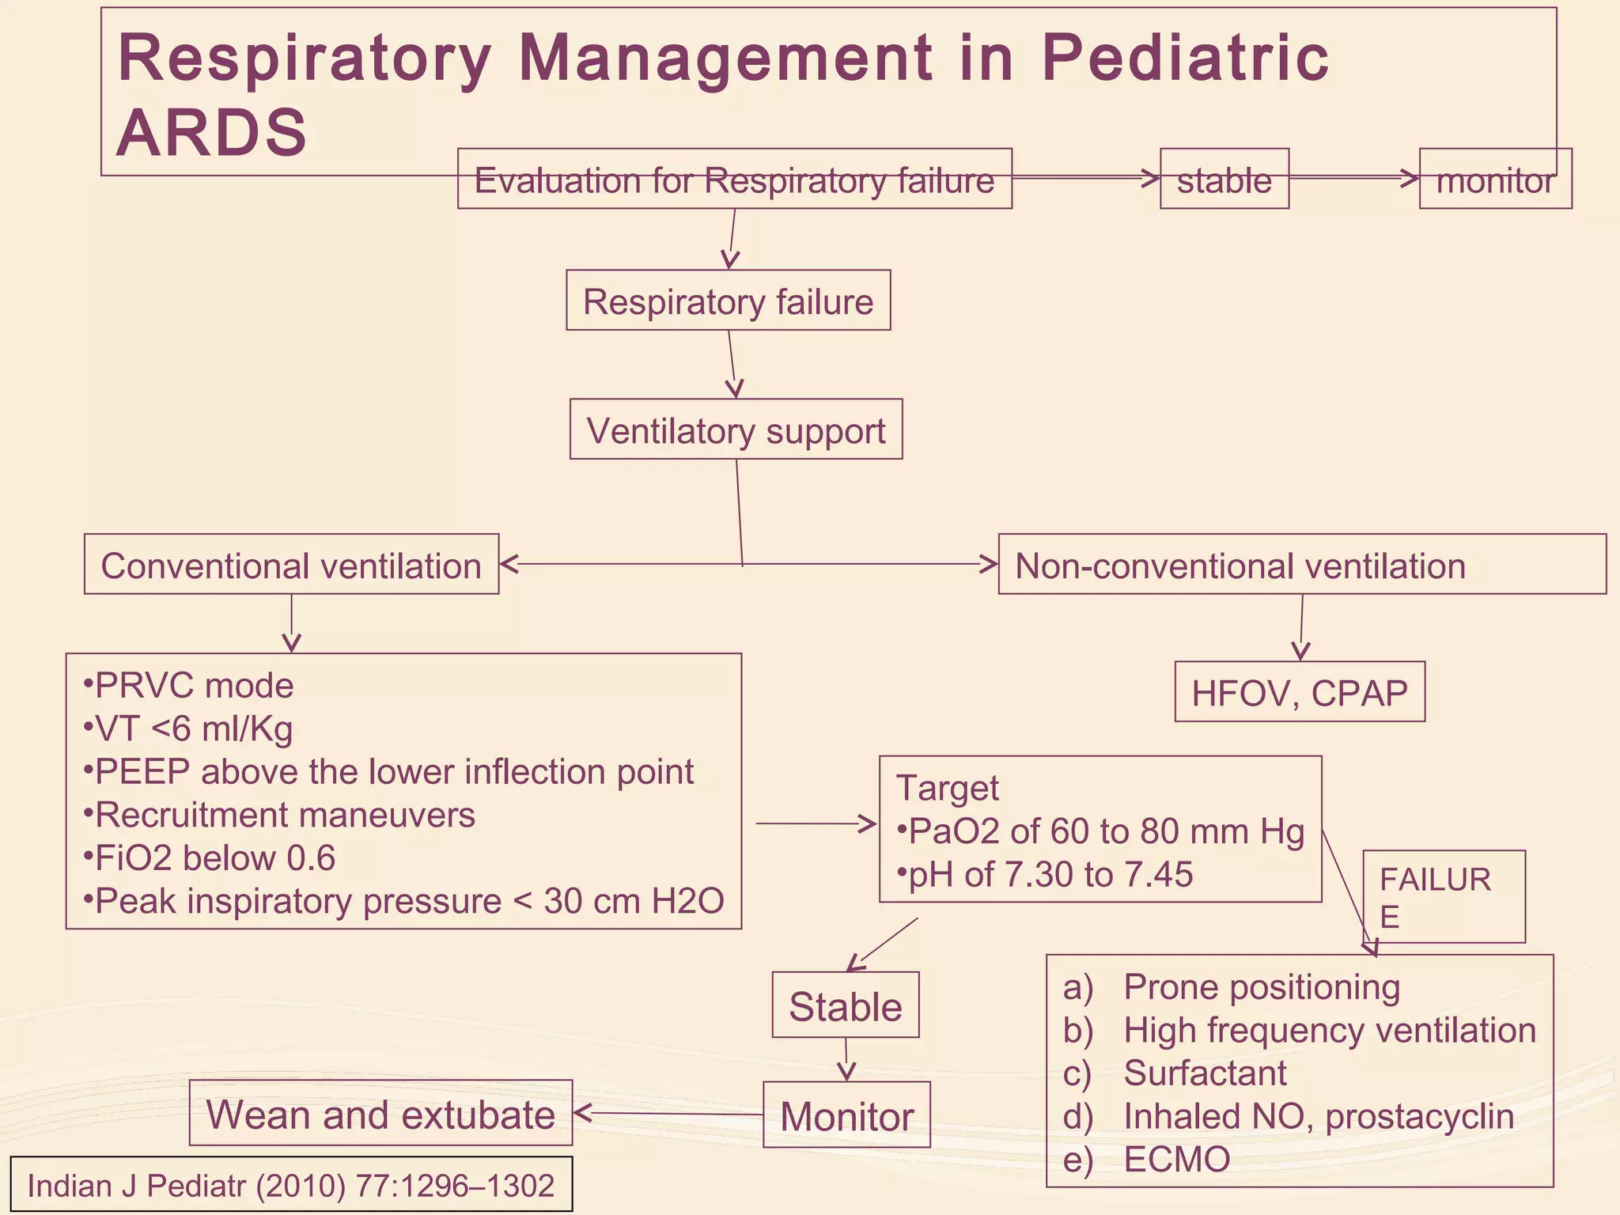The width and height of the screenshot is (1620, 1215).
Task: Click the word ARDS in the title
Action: click(211, 133)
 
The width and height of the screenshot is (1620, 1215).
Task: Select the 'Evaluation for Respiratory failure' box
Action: click(734, 180)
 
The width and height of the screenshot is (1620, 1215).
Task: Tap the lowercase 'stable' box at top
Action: click(1224, 180)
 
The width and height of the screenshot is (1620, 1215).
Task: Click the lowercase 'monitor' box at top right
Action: click(1494, 180)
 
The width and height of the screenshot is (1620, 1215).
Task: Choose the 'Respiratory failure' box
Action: click(728, 301)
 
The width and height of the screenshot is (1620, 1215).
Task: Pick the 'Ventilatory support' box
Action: click(736, 430)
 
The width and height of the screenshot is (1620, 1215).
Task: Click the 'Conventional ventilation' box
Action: click(291, 566)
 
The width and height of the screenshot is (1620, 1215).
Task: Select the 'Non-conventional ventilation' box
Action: click(1240, 566)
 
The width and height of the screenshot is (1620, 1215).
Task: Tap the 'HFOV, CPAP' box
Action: click(1300, 693)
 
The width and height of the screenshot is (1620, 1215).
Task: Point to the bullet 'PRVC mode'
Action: click(190, 686)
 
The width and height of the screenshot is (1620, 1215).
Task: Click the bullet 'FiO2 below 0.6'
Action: click(210, 858)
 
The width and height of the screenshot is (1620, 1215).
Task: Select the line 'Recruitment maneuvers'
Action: click(281, 815)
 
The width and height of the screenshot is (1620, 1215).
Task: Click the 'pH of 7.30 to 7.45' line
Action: click(1047, 875)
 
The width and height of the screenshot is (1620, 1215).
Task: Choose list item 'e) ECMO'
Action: click(1147, 1160)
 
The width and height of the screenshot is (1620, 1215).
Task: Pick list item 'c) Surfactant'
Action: click(1175, 1073)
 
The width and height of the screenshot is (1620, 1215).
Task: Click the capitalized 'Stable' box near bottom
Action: click(845, 1006)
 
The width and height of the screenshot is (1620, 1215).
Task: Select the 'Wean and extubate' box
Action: click(380, 1115)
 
